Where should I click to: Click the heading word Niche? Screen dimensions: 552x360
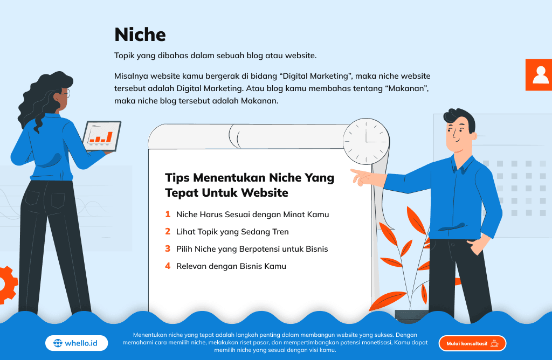coord(140,34)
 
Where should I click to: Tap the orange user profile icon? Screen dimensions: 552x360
coord(539,74)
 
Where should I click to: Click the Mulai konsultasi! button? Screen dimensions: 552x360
coord(472,343)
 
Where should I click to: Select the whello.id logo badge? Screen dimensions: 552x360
coord(77,343)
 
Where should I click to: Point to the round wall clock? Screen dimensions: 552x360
coord(366,141)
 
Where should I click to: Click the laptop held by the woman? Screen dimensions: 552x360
coord(102,136)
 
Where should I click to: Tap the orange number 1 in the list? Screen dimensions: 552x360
coord(168,214)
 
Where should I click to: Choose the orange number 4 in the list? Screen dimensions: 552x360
coord(168,266)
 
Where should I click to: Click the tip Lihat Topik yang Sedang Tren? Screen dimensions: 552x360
coord(232,232)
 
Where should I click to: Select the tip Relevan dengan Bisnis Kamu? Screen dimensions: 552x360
coord(231,266)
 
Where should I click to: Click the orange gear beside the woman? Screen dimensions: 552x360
coord(8,285)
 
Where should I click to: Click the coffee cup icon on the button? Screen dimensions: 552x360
coord(495,343)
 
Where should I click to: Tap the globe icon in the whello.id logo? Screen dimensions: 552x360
coord(58,343)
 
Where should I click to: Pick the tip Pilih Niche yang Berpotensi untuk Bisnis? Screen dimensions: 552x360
coord(252,249)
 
